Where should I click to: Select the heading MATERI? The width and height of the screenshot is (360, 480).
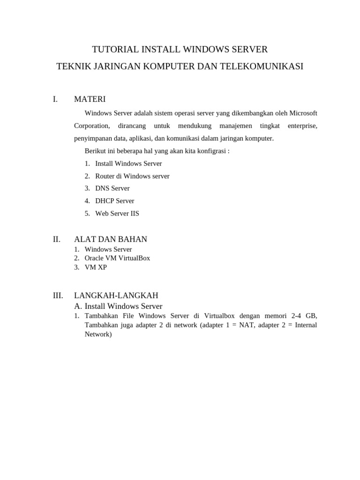point(90,99)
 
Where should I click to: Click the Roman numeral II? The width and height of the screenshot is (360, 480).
point(57,239)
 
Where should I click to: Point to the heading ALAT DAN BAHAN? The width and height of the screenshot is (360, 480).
point(111,239)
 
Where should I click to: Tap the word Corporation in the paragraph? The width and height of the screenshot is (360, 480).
point(92,126)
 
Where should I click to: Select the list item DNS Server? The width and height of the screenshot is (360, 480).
point(112,188)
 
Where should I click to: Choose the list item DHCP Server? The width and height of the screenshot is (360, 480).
point(115,201)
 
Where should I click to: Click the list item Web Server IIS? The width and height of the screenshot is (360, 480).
point(117,213)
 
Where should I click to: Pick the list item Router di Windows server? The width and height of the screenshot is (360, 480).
point(132,176)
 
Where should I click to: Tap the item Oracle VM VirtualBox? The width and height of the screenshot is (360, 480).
point(117,258)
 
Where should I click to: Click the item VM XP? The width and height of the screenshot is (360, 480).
point(96,267)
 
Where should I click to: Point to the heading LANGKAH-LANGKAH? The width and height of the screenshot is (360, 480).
point(116,295)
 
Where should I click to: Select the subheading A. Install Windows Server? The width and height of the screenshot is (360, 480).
point(118,306)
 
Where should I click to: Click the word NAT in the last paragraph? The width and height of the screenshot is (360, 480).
point(246,325)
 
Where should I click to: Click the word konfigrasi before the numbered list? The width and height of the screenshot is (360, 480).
point(212,151)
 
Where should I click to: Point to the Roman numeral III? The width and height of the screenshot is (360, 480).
point(58,295)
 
